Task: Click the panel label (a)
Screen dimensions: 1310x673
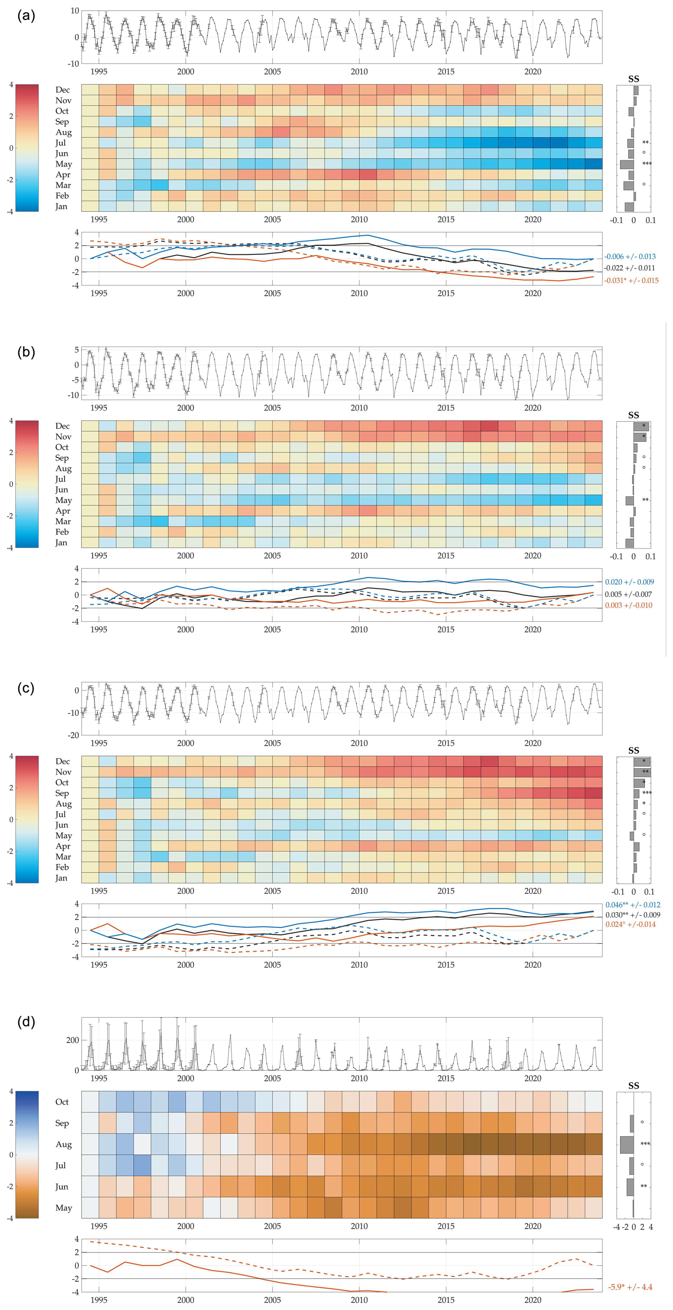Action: (26, 16)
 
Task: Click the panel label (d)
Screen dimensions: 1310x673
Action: (26, 1022)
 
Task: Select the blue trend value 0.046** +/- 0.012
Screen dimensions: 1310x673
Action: (632, 905)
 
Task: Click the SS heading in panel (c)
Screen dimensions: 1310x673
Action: (634, 750)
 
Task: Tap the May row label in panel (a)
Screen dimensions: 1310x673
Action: (64, 164)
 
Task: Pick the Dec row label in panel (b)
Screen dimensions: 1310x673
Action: (63, 426)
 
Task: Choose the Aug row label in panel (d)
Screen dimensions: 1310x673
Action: (64, 1144)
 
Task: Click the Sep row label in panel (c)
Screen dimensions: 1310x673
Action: (62, 793)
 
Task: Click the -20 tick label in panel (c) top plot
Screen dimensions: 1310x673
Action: (73, 735)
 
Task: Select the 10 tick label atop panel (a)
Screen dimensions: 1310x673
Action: (75, 11)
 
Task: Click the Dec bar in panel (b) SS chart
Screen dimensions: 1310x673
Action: (641, 426)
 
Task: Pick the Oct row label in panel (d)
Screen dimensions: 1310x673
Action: (62, 1101)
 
